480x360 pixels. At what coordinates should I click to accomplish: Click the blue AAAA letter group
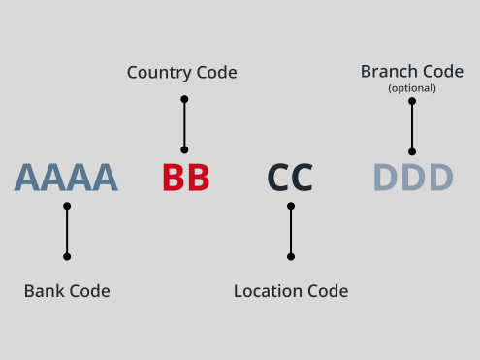(x=66, y=178)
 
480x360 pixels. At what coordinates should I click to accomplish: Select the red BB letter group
(x=186, y=178)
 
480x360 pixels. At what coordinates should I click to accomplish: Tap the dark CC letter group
(x=290, y=178)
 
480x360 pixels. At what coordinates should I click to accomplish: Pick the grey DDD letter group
(x=413, y=178)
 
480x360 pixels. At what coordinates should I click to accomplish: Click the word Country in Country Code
(x=159, y=73)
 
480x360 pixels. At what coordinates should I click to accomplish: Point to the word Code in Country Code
(x=217, y=72)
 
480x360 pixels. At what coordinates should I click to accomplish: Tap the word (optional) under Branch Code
(x=412, y=88)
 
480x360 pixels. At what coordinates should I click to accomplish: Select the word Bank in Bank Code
(x=45, y=291)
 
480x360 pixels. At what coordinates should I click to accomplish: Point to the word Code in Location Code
(x=328, y=291)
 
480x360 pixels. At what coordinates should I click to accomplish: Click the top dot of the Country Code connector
(x=184, y=99)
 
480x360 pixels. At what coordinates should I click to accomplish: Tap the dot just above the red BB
(x=184, y=149)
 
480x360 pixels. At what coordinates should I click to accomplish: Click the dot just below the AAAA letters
(x=67, y=206)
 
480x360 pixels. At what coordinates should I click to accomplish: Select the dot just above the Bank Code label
(x=67, y=257)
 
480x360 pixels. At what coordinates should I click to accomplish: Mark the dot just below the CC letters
(x=291, y=206)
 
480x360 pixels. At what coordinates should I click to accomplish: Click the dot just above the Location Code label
(x=291, y=257)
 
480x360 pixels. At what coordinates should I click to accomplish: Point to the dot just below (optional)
(x=412, y=101)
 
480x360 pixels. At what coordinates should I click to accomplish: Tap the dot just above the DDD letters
(x=412, y=151)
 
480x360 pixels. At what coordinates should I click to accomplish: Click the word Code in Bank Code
(x=89, y=291)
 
